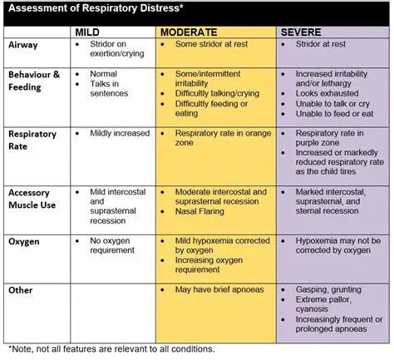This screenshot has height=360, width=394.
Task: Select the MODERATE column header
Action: [189, 30]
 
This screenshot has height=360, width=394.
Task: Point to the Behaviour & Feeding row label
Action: [34, 80]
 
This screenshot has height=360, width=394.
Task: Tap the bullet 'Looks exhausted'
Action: [327, 95]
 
